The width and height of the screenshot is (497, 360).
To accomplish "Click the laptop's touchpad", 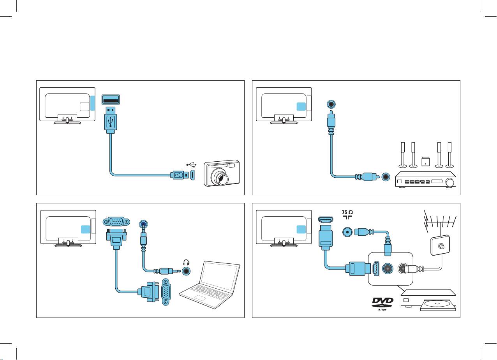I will pyautogui.click(x=201, y=298).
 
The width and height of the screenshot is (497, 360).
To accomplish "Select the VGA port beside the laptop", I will pyautogui.click(x=166, y=292).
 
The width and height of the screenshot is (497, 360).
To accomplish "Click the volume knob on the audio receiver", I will pyautogui.click(x=451, y=182).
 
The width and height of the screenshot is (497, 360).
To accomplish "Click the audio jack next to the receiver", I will pyautogui.click(x=386, y=177).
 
